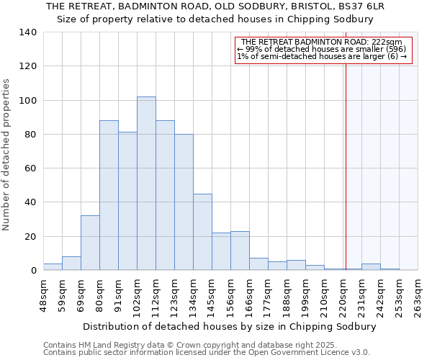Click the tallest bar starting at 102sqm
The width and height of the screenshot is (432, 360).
146,184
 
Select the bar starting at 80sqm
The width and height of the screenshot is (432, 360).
109,195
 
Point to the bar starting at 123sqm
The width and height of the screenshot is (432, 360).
184,202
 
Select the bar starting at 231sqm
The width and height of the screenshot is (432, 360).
371,267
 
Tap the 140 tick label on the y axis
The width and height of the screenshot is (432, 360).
28,32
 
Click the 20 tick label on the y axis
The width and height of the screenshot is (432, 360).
31,237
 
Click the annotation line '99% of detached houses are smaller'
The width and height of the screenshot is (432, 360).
322,49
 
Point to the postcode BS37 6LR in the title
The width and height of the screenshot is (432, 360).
359,6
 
